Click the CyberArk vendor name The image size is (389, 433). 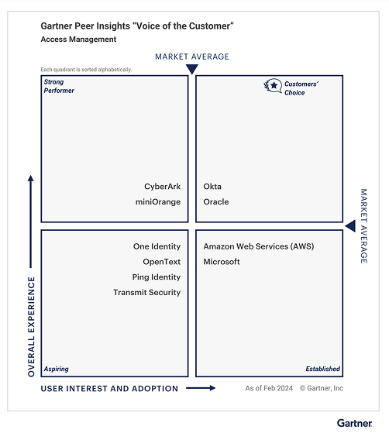pyautogui.click(x=162, y=187)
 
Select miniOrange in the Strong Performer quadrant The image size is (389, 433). pyautogui.click(x=158, y=202)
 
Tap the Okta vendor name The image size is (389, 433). pyautogui.click(x=212, y=187)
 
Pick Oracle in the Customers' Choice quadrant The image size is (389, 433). pyautogui.click(x=216, y=202)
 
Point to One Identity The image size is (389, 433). pyautogui.click(x=157, y=246)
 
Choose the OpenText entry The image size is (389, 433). pyautogui.click(x=162, y=262)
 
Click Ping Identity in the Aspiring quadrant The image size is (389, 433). pyautogui.click(x=157, y=277)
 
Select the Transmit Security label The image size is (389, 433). pyautogui.click(x=147, y=292)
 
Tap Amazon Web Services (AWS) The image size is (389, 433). pyautogui.click(x=259, y=246)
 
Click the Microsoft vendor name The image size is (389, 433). pyautogui.click(x=222, y=262)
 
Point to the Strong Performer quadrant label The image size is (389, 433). pyautogui.click(x=59, y=86)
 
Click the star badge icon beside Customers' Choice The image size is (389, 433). pyautogui.click(x=273, y=86)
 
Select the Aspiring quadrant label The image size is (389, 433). pyautogui.click(x=56, y=369)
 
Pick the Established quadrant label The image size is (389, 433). pyautogui.click(x=322, y=369)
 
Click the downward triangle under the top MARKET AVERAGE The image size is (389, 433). pyautogui.click(x=192, y=69)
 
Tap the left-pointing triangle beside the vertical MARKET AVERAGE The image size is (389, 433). pyautogui.click(x=350, y=226)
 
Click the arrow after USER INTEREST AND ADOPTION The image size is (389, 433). pyautogui.click(x=201, y=388)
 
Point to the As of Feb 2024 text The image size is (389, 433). pyautogui.click(x=269, y=388)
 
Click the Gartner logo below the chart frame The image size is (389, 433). pyautogui.click(x=354, y=423)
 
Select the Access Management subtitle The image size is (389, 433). pyautogui.click(x=78, y=40)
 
